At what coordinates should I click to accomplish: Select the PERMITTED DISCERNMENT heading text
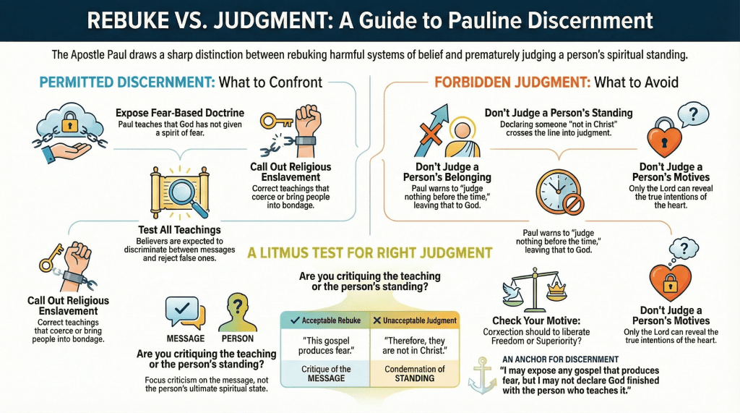coord(127,82)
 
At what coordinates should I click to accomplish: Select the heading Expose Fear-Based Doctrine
coord(180,113)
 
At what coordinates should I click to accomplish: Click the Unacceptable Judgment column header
coord(415,320)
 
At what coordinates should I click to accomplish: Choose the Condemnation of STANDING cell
coord(415,373)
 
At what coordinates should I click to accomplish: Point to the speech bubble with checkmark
coord(181,311)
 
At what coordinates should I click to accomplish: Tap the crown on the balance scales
coord(557,289)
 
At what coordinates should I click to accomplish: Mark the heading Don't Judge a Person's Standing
coord(558,113)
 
